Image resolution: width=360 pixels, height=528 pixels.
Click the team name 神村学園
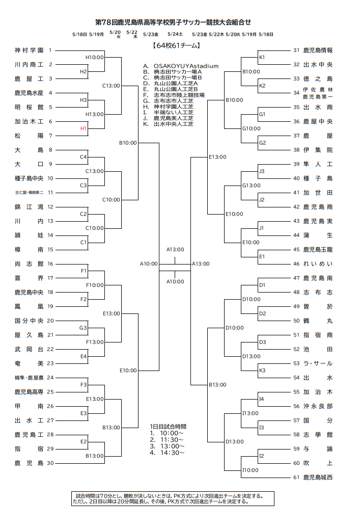pyautogui.click(x=29, y=50)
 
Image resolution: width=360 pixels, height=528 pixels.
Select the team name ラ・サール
pyautogui.click(x=318, y=363)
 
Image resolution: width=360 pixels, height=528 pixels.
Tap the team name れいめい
pyautogui.click(x=318, y=264)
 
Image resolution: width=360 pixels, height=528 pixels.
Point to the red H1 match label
pyautogui.click(x=84, y=128)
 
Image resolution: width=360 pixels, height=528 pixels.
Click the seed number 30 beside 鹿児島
pyautogui.click(x=50, y=463)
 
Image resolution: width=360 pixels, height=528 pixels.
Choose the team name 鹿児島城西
pyautogui.click(x=318, y=478)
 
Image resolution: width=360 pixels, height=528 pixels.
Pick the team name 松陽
pyautogui.click(x=29, y=136)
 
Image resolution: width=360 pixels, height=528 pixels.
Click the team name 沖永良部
pyautogui.click(x=318, y=406)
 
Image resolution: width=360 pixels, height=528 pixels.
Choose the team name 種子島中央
pyautogui.click(x=29, y=178)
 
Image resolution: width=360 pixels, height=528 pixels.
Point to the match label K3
pyautogui.click(x=262, y=371)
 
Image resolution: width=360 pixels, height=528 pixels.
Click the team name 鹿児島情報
pyautogui.click(x=318, y=50)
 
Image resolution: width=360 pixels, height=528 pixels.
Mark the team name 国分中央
pyautogui.click(x=29, y=321)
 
